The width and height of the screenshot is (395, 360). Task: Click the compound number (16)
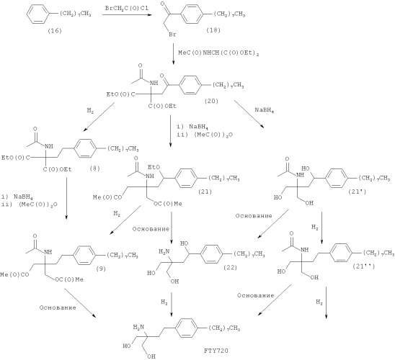pos(54,31)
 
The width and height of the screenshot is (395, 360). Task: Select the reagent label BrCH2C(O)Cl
pos(127,8)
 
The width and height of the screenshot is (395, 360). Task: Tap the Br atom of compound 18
pos(172,35)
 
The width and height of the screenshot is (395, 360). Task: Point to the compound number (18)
pos(213,30)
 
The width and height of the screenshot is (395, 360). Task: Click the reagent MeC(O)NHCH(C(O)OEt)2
pos(218,53)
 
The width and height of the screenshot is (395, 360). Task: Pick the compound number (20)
pos(211,101)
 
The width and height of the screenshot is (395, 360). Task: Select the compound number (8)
pos(94,168)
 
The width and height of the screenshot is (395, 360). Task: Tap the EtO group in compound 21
pos(154,167)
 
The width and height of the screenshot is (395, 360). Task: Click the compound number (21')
pos(358,192)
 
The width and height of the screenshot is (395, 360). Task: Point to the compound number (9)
pos(101,269)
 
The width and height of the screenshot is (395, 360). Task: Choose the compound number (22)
pos(230,267)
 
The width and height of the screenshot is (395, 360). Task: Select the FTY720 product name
pos(216,351)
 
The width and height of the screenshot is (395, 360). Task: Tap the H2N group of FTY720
pos(138,328)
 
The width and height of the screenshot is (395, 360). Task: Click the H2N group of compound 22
pos(164,251)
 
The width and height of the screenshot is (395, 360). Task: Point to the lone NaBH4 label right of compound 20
pos(265,110)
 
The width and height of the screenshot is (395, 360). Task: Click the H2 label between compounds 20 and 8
pos(90,110)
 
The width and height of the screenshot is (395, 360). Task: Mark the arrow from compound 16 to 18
pos(127,15)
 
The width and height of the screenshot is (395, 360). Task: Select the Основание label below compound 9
pos(58,307)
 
